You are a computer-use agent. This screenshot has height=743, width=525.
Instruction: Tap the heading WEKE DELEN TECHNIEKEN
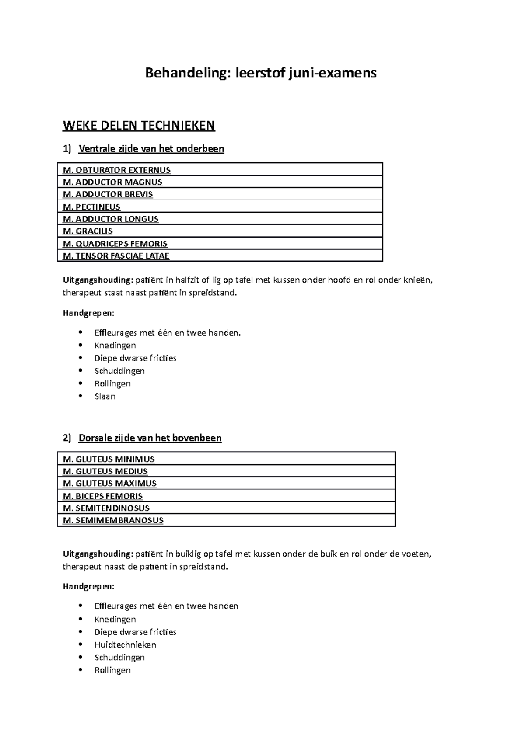139,126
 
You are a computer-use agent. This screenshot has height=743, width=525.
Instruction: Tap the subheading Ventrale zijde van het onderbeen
151,149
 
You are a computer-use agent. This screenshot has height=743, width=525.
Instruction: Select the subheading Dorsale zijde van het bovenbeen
150,438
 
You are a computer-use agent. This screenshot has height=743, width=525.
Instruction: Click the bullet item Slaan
105,396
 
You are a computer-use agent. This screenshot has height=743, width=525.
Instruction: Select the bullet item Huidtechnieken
125,645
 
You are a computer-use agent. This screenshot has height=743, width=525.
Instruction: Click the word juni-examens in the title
332,73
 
